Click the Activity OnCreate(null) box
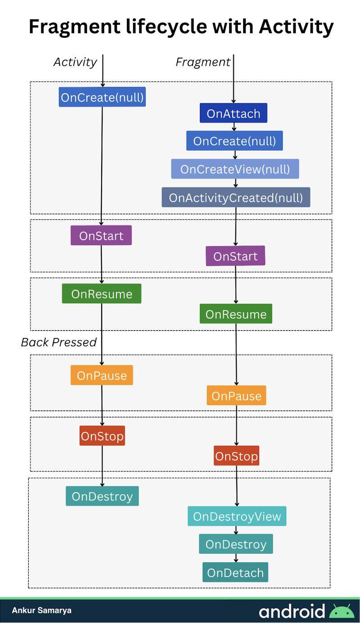(102, 97)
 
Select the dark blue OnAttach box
(233, 113)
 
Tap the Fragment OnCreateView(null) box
(234, 169)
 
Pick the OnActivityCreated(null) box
(236, 197)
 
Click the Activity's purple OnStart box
(101, 235)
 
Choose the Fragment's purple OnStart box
(235, 256)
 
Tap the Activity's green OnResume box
(101, 294)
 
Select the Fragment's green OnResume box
(236, 314)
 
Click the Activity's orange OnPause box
(102, 375)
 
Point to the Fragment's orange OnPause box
(236, 395)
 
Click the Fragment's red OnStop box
(236, 456)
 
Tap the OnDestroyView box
(237, 516)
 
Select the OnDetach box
(235, 572)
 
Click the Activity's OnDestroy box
(102, 496)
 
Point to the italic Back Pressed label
(58, 342)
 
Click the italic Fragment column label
(202, 62)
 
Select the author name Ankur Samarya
(41, 610)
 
